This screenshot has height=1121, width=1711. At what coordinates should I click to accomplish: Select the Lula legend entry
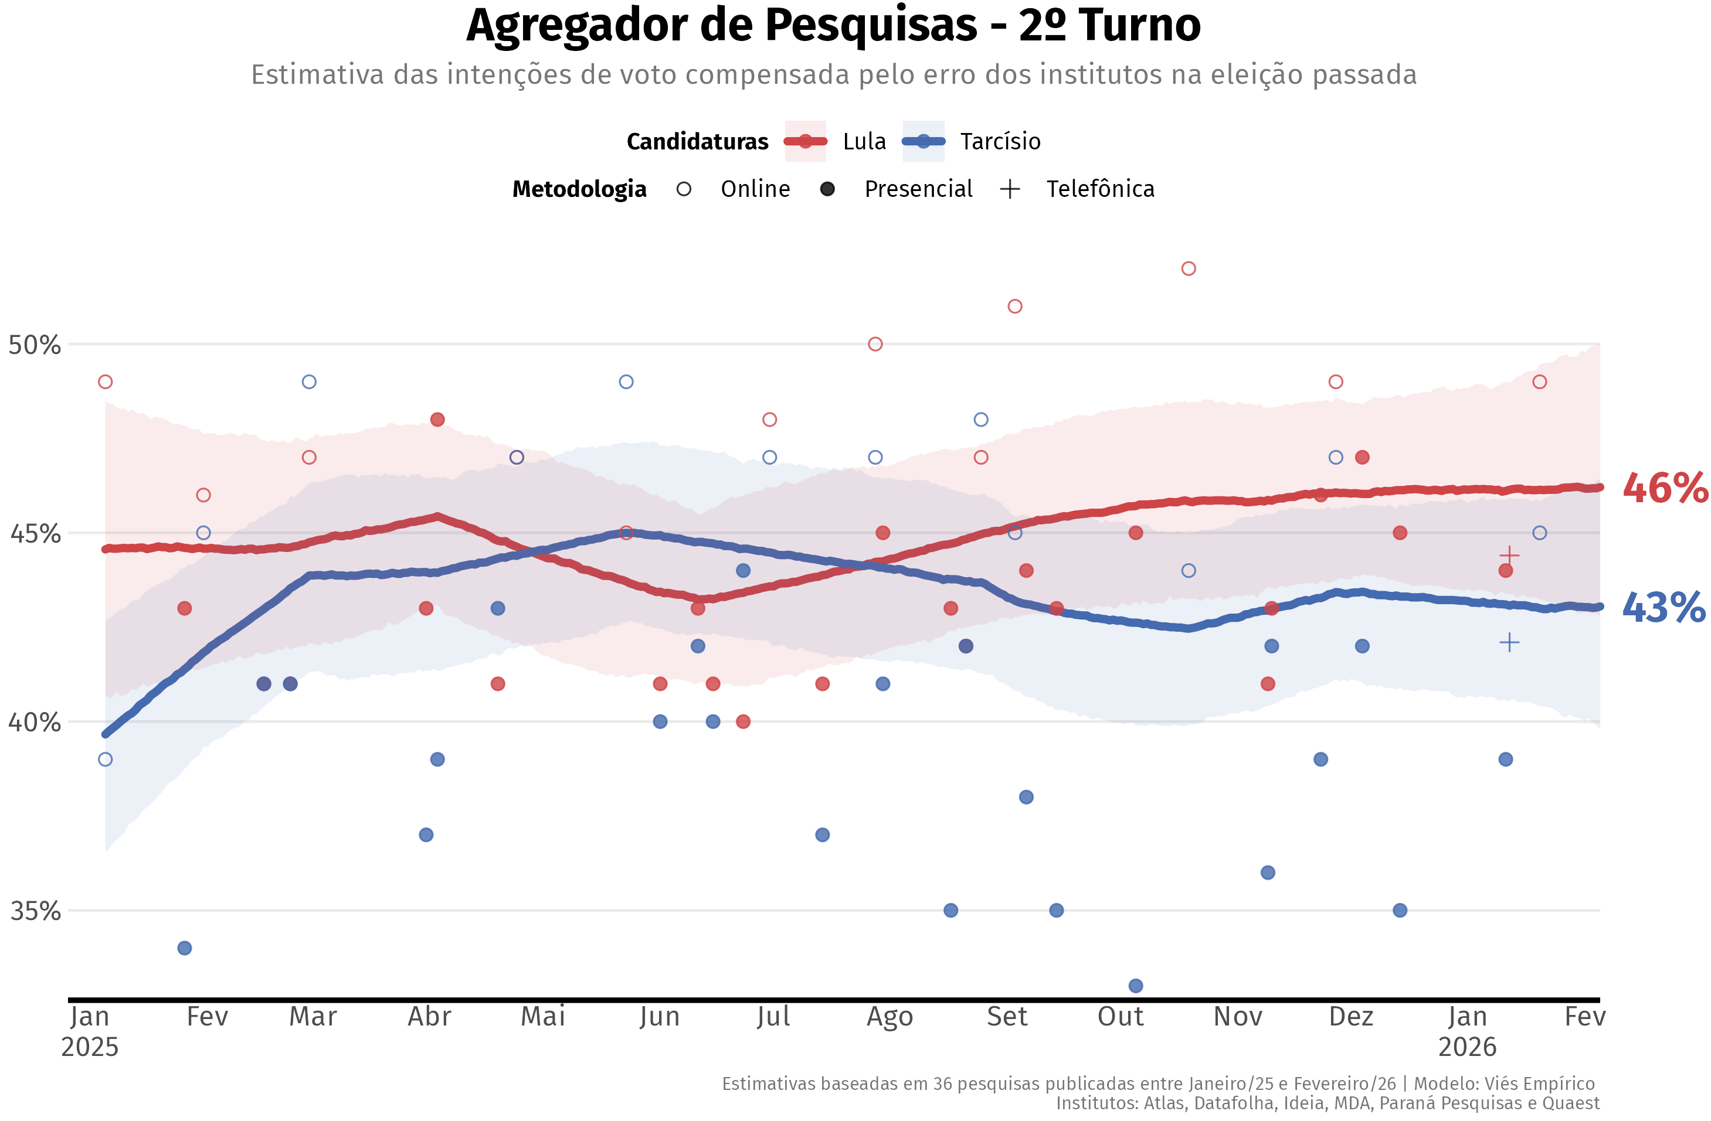pos(863,142)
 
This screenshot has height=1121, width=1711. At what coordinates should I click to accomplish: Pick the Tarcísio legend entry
pos(999,142)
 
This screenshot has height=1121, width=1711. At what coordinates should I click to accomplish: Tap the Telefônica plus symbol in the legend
pos(1010,189)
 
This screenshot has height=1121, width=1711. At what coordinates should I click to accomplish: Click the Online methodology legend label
pos(755,189)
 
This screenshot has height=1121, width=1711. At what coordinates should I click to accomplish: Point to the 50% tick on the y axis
pos(34,345)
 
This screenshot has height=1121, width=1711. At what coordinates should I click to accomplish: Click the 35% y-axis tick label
pos(34,911)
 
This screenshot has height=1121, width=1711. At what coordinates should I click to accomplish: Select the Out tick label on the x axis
pos(1120,1017)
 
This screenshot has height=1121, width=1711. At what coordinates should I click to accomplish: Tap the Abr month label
pos(429,1017)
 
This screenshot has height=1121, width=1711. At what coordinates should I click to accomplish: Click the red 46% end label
pos(1664,489)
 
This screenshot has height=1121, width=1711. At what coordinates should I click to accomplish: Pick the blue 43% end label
pos(1664,608)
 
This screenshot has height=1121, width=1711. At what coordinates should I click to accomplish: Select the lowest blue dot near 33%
pos(1136,986)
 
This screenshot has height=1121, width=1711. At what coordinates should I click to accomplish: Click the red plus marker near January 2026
pos(1509,556)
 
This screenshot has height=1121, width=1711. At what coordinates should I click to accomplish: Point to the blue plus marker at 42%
pos(1509,642)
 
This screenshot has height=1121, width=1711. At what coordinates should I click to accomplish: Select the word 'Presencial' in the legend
pos(918,189)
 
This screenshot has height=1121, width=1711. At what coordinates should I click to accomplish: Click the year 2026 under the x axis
pos(1466,1047)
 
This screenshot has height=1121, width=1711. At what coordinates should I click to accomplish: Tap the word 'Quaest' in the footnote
pos(1576,1103)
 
